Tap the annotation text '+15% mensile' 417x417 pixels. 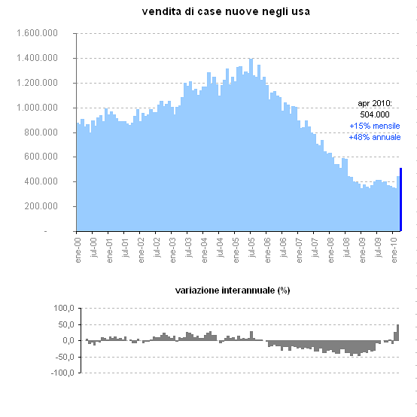coord(374,126)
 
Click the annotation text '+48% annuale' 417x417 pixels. coord(374,137)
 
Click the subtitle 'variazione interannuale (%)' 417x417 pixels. coord(233,290)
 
